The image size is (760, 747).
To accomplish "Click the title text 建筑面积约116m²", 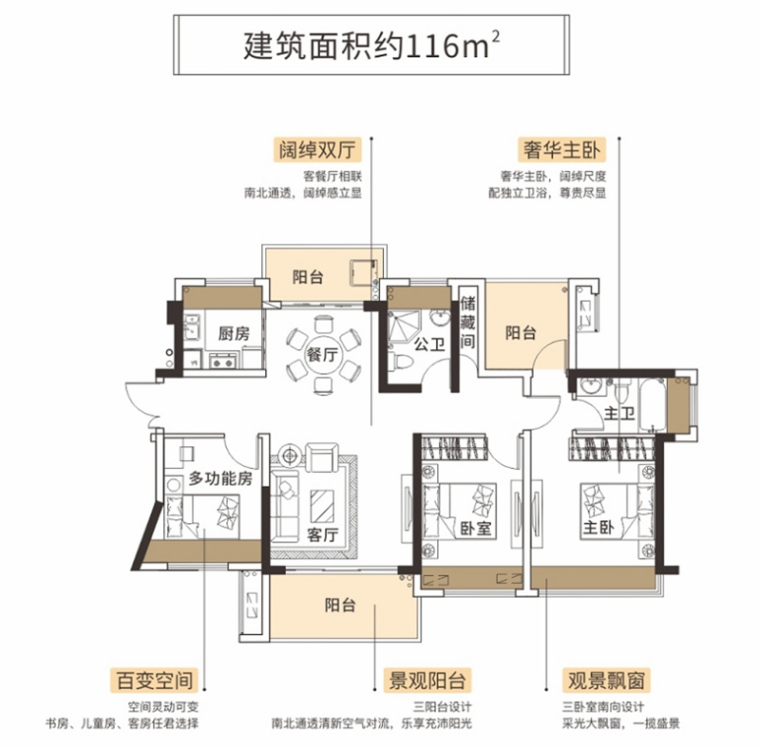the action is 371,46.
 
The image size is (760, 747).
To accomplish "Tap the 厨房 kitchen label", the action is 234,333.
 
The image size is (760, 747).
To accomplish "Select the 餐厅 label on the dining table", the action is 322,354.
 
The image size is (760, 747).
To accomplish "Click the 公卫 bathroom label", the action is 429,345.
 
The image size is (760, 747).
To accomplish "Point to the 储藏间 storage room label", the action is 467,322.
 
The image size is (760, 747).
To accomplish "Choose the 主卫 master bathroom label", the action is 619,413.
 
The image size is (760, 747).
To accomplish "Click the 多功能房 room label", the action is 220,478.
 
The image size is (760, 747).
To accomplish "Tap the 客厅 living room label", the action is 322,534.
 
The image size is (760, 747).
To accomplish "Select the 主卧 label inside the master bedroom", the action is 598,527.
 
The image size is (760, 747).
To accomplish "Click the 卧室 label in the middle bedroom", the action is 476,528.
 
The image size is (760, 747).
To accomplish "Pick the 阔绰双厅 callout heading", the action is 317,150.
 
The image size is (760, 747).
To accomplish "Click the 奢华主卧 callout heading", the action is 561,150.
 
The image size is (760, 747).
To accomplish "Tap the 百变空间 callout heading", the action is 155,681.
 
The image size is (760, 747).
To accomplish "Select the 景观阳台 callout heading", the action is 427,681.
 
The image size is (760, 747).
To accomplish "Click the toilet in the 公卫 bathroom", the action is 401,361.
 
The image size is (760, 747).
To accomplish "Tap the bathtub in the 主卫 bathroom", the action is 653,404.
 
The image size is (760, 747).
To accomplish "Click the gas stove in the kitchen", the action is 223,361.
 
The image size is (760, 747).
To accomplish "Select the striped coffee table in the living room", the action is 322,505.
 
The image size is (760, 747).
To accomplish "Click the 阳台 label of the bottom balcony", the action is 340,605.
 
